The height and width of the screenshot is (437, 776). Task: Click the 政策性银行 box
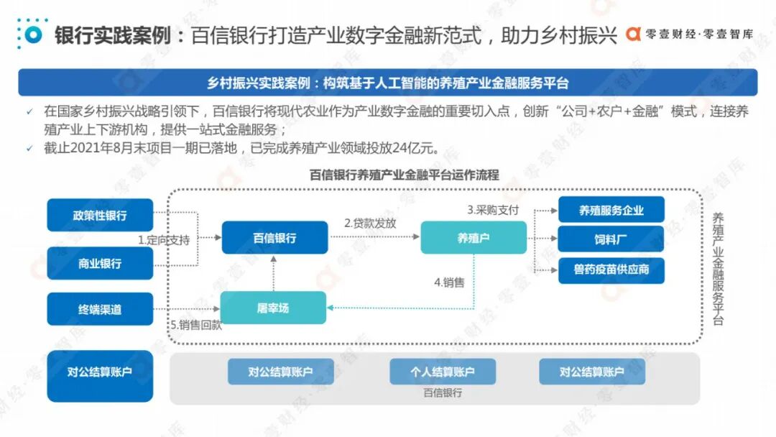tap(100, 215)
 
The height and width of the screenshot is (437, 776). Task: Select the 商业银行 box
tap(100, 263)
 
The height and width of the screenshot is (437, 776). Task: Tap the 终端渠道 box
tap(100, 309)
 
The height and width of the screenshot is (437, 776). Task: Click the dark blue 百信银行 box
tap(274, 238)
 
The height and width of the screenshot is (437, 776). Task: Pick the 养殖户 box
tap(473, 238)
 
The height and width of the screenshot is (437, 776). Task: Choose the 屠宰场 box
tap(273, 308)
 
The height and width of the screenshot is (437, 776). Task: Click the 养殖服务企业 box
tap(611, 211)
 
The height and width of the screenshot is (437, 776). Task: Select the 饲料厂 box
tap(611, 238)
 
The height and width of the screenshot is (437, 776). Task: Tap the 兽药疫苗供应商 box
tap(611, 270)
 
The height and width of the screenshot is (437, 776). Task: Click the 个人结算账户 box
tap(443, 372)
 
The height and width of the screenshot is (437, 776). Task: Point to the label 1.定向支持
tap(164, 240)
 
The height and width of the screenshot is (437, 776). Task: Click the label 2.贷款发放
tap(370, 223)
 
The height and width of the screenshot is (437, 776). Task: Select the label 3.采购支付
tap(493, 210)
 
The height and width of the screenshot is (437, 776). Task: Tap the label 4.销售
tap(449, 282)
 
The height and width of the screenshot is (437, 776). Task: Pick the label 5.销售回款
tap(195, 325)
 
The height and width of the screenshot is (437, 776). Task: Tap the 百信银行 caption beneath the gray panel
tap(443, 393)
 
